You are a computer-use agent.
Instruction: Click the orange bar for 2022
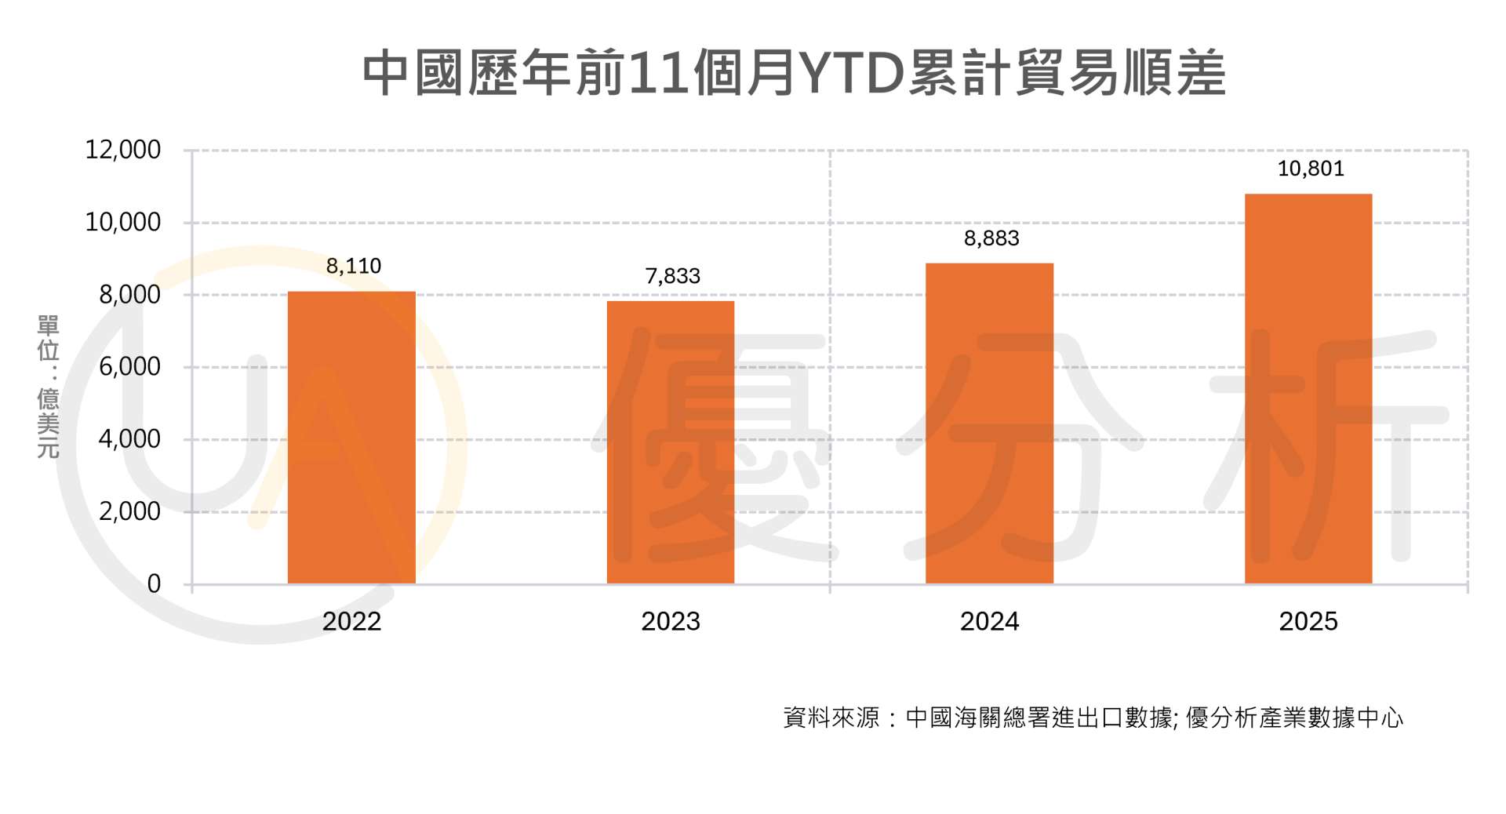(x=351, y=438)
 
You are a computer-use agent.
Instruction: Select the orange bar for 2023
(x=671, y=442)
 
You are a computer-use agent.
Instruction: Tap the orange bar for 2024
(x=989, y=423)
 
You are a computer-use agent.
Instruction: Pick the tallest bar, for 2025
(x=1308, y=389)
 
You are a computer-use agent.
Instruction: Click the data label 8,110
(x=354, y=267)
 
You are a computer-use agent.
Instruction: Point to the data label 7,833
(x=672, y=276)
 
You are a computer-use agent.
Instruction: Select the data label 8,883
(x=991, y=238)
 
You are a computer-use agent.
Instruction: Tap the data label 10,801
(x=1311, y=169)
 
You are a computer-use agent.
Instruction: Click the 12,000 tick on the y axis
(x=123, y=150)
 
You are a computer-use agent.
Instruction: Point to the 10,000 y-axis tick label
(x=123, y=223)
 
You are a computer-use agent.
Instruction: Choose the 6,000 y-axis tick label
(x=129, y=367)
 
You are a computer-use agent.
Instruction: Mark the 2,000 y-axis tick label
(x=129, y=511)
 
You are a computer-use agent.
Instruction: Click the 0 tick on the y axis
(x=154, y=583)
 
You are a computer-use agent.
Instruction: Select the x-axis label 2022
(x=351, y=621)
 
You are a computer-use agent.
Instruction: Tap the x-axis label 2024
(x=989, y=621)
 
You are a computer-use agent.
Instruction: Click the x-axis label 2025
(x=1308, y=621)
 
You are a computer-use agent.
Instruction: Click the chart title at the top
(x=794, y=74)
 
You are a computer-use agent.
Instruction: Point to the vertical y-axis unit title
(x=49, y=387)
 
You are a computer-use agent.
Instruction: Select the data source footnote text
(x=1093, y=718)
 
